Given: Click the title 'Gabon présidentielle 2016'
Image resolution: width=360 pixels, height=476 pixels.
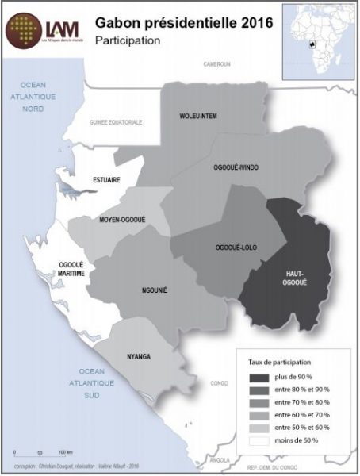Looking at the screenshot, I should pyautogui.click(x=184, y=24).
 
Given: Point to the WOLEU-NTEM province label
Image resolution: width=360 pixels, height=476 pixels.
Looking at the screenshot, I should pyautogui.click(x=197, y=117).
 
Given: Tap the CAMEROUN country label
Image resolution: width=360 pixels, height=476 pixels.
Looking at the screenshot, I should pyautogui.click(x=216, y=63).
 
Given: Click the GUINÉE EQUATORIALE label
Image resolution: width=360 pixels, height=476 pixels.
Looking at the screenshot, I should pyautogui.click(x=116, y=123).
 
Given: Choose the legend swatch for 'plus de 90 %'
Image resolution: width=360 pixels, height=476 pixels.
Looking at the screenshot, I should pyautogui.click(x=259, y=377).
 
